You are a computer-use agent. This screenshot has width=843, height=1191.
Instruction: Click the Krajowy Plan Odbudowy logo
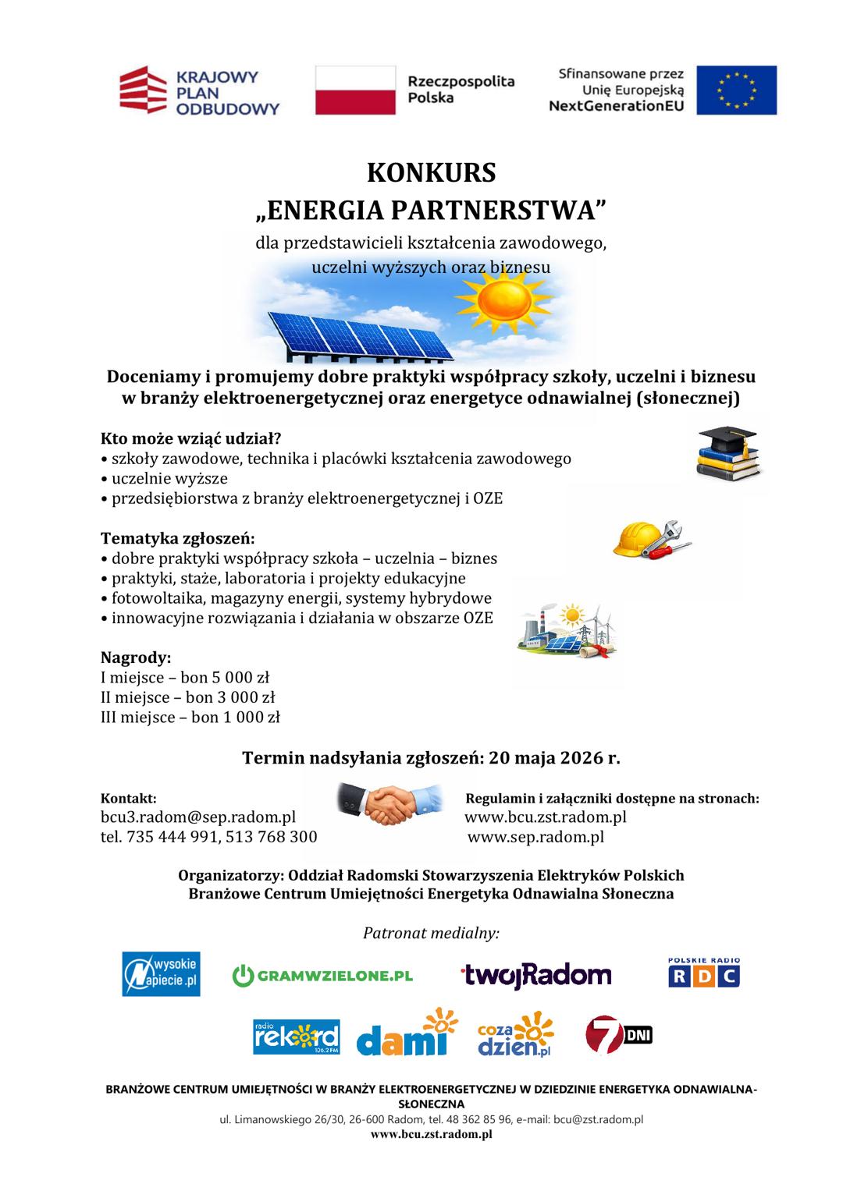[x=199, y=90]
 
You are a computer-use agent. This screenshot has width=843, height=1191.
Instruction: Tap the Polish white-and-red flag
[x=355, y=90]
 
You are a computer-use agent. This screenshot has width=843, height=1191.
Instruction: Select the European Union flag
[x=736, y=90]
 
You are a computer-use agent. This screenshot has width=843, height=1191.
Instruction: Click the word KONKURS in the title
[x=432, y=172]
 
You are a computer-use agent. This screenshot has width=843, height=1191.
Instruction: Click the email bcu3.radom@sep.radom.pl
[x=198, y=817]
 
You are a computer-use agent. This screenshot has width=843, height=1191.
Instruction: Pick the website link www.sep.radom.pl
[x=535, y=837]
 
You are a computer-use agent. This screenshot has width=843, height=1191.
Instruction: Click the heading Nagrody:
[x=136, y=657]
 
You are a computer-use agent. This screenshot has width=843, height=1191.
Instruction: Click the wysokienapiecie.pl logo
[x=161, y=973]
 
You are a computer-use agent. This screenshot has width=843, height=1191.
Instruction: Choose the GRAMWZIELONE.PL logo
[x=322, y=975]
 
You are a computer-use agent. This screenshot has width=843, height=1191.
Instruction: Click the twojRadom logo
[x=535, y=975]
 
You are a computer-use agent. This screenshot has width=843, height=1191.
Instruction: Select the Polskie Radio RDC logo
[x=703, y=973]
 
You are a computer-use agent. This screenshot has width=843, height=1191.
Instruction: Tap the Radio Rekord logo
[x=296, y=1037]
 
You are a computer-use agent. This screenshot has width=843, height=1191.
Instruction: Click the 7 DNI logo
[x=618, y=1035]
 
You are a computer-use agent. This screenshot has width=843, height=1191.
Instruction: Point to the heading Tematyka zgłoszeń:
[x=178, y=538]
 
